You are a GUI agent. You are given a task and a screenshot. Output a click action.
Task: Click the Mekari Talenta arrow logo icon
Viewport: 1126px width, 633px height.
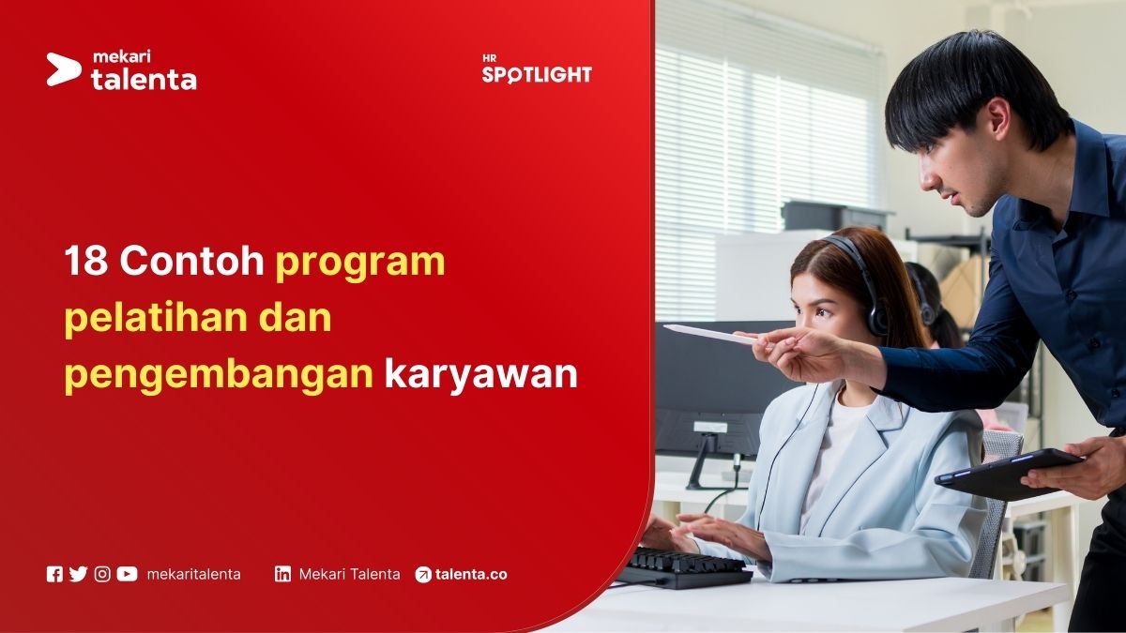click(x=64, y=69)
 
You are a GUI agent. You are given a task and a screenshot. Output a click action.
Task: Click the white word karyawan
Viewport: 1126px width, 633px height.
click(x=480, y=375)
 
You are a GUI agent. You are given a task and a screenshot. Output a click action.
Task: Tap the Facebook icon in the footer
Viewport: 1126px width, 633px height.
click(x=54, y=574)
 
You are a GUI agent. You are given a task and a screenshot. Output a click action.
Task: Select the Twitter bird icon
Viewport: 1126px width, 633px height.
click(x=78, y=574)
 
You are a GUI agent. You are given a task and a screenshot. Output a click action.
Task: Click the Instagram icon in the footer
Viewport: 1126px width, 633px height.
click(x=102, y=574)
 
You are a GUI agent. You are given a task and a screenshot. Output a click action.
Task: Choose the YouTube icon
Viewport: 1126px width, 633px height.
click(x=127, y=574)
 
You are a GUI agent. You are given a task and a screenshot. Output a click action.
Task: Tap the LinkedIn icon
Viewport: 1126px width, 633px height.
click(x=282, y=574)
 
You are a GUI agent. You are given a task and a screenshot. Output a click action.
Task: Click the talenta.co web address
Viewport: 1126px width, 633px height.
click(x=471, y=574)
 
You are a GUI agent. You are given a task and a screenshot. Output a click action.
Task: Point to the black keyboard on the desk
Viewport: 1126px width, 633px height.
click(x=684, y=565)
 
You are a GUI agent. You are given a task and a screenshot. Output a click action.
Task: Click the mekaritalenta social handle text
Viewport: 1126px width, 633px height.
click(x=193, y=574)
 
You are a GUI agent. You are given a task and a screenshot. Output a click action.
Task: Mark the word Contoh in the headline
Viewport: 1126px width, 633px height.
click(x=192, y=263)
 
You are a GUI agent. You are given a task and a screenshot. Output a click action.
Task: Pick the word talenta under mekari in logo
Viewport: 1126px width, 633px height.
click(x=144, y=80)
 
